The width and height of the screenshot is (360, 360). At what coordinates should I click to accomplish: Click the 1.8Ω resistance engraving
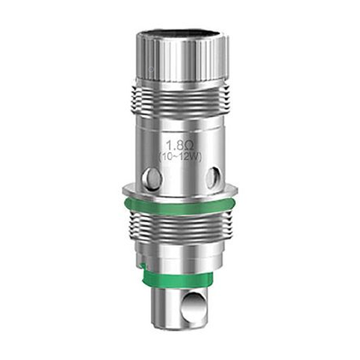[x=180, y=148]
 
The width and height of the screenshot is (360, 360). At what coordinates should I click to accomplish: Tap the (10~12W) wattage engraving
[x=181, y=157]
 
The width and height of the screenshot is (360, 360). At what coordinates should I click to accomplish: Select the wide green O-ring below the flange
[x=180, y=206]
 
